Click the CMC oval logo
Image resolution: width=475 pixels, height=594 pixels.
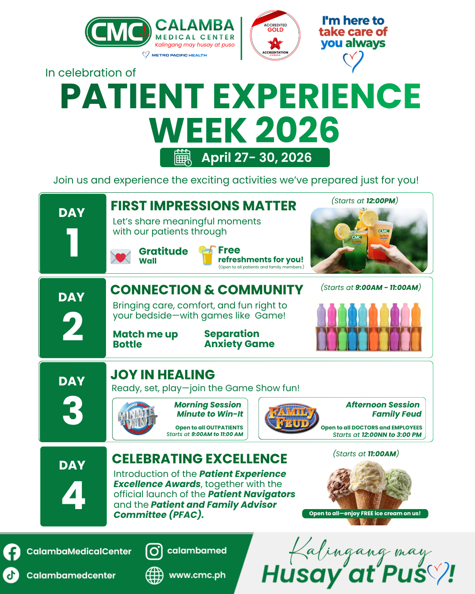click(x=118, y=32)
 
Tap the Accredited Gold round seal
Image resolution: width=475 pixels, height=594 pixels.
click(x=275, y=35)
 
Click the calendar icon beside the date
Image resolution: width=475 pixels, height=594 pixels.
click(x=183, y=158)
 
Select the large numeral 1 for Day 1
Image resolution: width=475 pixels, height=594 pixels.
click(x=73, y=242)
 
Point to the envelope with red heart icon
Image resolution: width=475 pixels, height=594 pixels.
click(x=121, y=257)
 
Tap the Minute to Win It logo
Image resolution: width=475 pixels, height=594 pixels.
click(x=138, y=418)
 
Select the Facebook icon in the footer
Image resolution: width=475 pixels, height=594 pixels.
click(x=11, y=552)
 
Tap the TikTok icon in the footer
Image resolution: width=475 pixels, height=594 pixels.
click(x=11, y=575)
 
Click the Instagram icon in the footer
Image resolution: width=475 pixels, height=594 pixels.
click(x=154, y=551)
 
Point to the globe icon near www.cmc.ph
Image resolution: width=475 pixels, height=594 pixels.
click(x=154, y=576)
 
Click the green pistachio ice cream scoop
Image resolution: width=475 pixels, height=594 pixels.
click(x=398, y=485)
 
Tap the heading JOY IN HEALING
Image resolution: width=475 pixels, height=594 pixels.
click(x=163, y=375)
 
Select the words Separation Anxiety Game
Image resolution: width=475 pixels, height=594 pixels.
click(x=239, y=339)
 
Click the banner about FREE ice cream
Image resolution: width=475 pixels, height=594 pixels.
click(x=365, y=513)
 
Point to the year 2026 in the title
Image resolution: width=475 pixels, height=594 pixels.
click(x=297, y=129)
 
